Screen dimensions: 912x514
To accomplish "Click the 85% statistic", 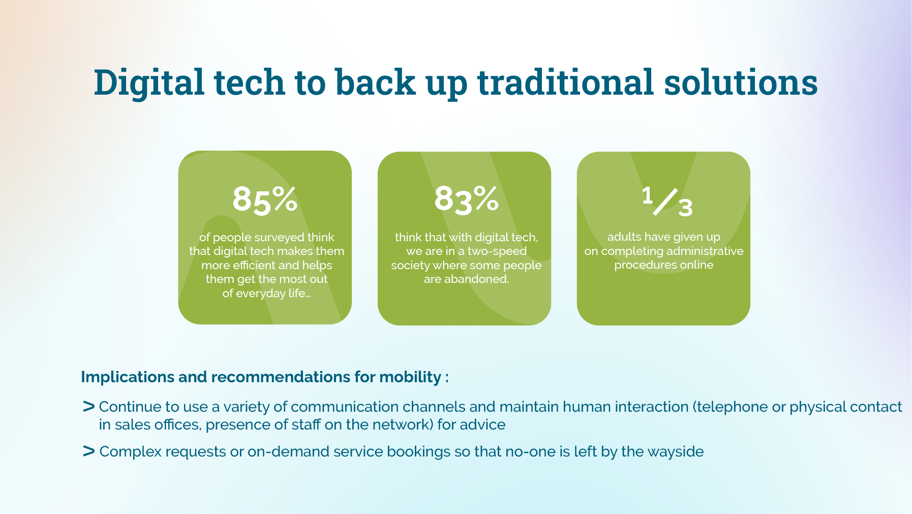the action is coord(265,199).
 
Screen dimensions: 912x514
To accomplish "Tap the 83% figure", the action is coord(466,199).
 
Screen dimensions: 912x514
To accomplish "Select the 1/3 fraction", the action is coord(667,202).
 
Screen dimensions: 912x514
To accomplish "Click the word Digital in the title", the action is coord(148,83).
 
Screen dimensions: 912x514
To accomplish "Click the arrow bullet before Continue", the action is coord(89,407).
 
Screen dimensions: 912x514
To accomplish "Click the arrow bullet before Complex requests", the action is coord(89,451).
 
